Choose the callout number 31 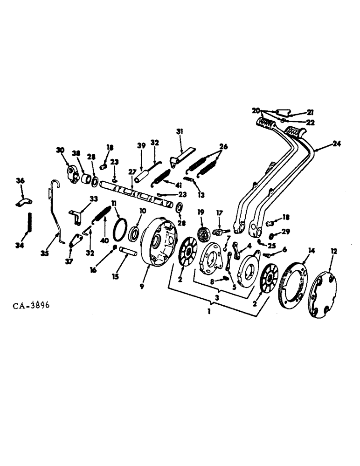180,132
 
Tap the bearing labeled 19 202,233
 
